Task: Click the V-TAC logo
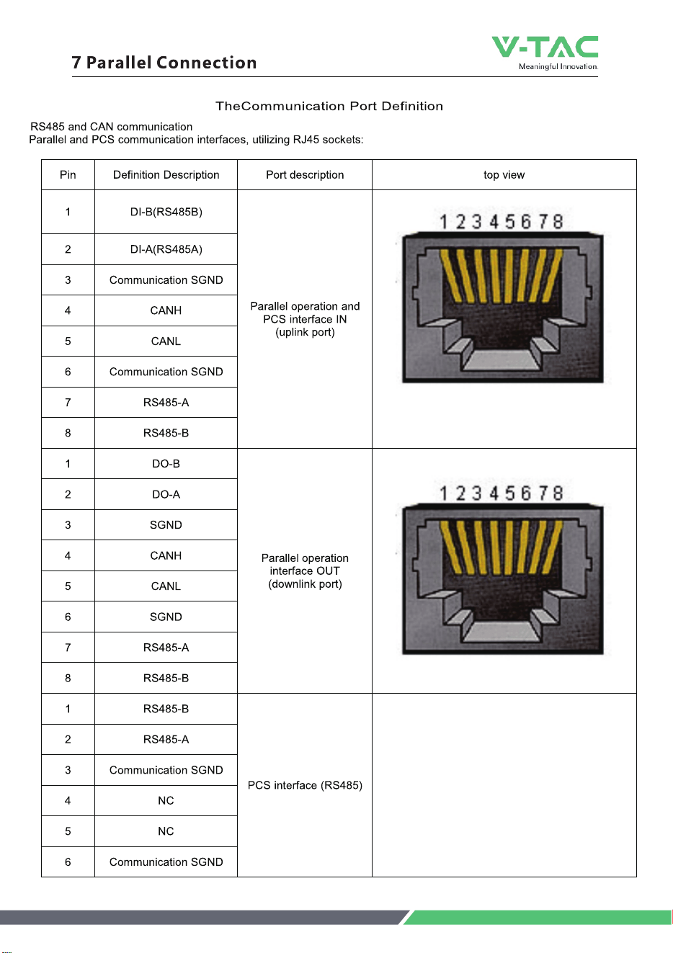[545, 53]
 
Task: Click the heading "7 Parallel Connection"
[164, 63]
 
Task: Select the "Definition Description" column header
[166, 175]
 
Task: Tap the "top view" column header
[504, 175]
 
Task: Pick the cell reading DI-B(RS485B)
[166, 212]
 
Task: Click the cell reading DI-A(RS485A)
[166, 249]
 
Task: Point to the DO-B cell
[166, 464]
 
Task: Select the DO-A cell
[166, 494]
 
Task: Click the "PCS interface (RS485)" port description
[305, 785]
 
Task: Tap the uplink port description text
[305, 319]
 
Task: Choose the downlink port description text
[305, 571]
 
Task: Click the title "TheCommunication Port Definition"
[329, 106]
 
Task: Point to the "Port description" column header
[305, 175]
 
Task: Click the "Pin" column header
[68, 175]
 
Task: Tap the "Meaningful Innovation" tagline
[558, 66]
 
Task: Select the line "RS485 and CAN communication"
[111, 127]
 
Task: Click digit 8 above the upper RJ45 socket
[558, 222]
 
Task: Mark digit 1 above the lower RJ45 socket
[444, 493]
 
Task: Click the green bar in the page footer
[538, 917]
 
